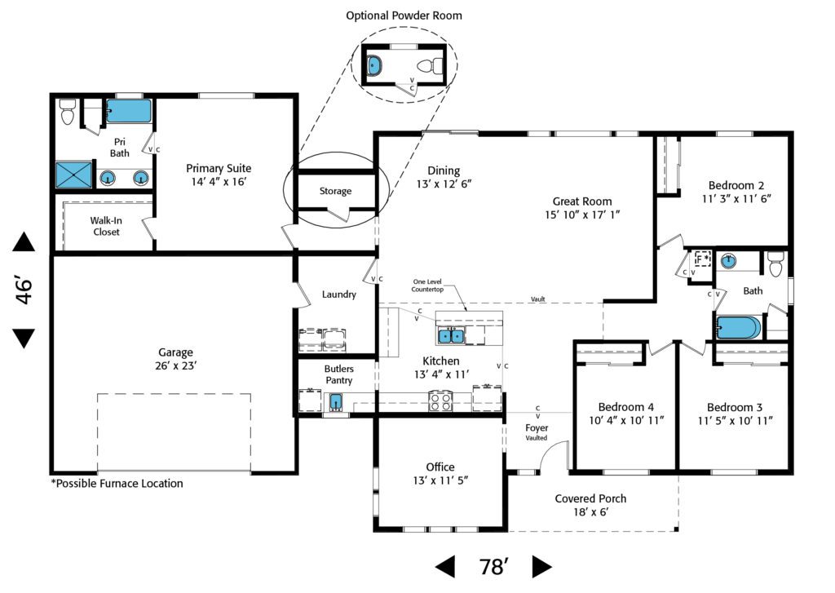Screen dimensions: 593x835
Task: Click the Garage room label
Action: click(x=175, y=352)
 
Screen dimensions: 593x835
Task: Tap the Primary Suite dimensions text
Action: click(x=216, y=182)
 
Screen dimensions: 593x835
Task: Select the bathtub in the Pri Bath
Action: click(x=129, y=111)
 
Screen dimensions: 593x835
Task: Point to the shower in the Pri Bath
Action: click(x=76, y=175)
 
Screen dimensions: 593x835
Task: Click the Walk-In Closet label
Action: click(x=106, y=226)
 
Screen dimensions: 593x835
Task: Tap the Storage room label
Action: click(x=335, y=191)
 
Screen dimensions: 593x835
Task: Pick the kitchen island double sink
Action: click(x=450, y=335)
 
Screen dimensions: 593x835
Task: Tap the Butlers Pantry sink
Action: click(x=336, y=402)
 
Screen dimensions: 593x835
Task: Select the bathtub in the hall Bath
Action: click(x=739, y=328)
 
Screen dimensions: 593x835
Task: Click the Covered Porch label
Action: click(x=591, y=498)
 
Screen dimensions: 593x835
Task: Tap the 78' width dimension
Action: click(x=493, y=567)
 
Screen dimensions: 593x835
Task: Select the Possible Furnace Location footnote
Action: click(x=117, y=483)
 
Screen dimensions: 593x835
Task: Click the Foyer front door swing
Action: click(x=555, y=455)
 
